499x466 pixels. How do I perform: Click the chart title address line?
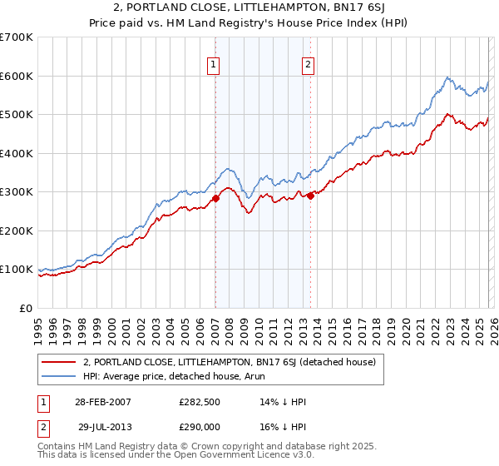tap(249, 9)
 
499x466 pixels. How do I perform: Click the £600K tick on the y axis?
tap(17, 76)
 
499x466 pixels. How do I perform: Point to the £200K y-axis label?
tap(17, 231)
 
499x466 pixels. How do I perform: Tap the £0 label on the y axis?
tap(27, 308)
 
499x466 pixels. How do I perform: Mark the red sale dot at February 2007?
tap(215, 198)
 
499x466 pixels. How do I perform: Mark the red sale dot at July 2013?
tap(310, 196)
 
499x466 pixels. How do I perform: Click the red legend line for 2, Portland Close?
tap(59, 362)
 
